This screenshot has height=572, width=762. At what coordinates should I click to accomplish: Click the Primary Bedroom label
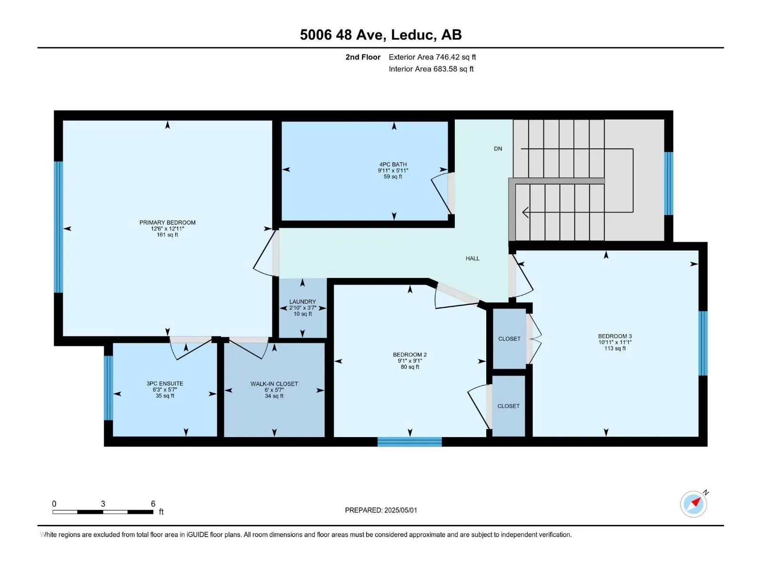point(167,222)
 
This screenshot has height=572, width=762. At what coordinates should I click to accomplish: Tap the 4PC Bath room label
point(393,164)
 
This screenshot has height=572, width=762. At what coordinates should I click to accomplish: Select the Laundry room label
point(302,301)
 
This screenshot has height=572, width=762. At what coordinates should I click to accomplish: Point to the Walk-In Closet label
point(274,384)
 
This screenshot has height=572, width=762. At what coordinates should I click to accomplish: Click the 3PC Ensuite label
point(165,383)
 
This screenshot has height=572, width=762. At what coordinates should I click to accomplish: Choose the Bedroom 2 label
point(410,355)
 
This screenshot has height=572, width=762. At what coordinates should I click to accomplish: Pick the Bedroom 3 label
point(615,336)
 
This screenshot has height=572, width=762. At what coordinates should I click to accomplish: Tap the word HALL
point(472,258)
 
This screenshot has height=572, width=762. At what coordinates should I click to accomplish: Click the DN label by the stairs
point(498,149)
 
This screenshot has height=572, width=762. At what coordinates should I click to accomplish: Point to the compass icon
point(693,504)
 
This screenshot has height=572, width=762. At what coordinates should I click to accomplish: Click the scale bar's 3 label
point(103,503)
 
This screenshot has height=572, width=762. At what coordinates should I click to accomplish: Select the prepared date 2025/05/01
point(401,510)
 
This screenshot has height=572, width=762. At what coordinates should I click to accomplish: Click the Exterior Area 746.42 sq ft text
point(432,57)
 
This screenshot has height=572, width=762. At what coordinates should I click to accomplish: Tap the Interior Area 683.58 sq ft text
point(431,69)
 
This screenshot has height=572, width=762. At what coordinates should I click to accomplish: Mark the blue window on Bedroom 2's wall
point(410,442)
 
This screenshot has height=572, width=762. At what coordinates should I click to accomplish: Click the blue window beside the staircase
point(669,184)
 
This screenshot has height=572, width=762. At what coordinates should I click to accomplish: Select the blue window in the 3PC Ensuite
point(109,388)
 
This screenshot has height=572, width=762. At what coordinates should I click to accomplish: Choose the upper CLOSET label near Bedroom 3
point(509,338)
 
